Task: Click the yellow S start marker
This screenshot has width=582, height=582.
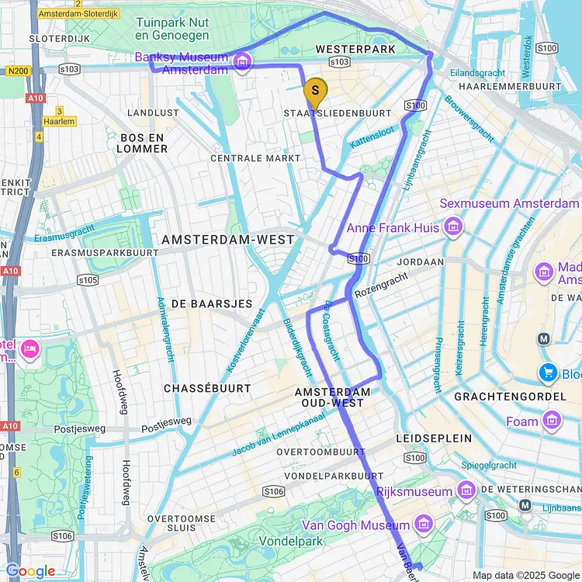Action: pos(314,92)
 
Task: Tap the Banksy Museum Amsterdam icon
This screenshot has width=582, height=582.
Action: pos(243,61)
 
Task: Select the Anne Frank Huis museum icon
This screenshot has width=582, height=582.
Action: pos(453,227)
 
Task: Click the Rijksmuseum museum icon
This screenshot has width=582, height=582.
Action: pos(466,491)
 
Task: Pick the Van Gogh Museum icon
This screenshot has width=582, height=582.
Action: pos(424,526)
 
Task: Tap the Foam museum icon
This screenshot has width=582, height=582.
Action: pos(553,421)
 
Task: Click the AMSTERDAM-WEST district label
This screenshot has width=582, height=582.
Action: pos(228,240)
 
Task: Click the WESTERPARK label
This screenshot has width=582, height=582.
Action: pos(355,49)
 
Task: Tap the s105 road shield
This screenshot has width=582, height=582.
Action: pos(88,279)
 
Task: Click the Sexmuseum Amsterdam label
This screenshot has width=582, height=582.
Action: pos(509,203)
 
